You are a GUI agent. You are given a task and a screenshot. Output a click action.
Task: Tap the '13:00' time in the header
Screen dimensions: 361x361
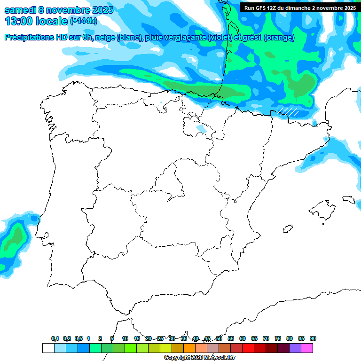(19, 21)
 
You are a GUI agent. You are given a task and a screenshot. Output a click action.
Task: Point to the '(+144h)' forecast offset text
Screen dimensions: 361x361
(83, 21)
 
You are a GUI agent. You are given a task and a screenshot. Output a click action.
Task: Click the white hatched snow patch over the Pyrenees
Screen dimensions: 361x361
(288, 111)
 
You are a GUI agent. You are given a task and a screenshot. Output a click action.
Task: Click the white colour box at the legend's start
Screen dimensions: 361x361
(48, 348)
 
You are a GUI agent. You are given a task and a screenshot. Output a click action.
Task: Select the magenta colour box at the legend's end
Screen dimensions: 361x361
(307, 348)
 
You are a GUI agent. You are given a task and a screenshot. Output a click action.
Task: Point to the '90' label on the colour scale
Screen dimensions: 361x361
(313, 338)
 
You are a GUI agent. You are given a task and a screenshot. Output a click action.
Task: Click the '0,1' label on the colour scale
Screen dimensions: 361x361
(55, 338)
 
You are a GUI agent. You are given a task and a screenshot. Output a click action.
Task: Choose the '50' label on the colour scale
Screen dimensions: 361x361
(219, 338)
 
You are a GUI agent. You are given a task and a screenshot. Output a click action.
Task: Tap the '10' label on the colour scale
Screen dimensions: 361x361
(125, 338)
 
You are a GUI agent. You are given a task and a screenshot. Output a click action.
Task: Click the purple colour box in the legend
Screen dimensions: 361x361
(295, 348)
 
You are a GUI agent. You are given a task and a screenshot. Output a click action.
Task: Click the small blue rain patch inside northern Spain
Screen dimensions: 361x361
(201, 128)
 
